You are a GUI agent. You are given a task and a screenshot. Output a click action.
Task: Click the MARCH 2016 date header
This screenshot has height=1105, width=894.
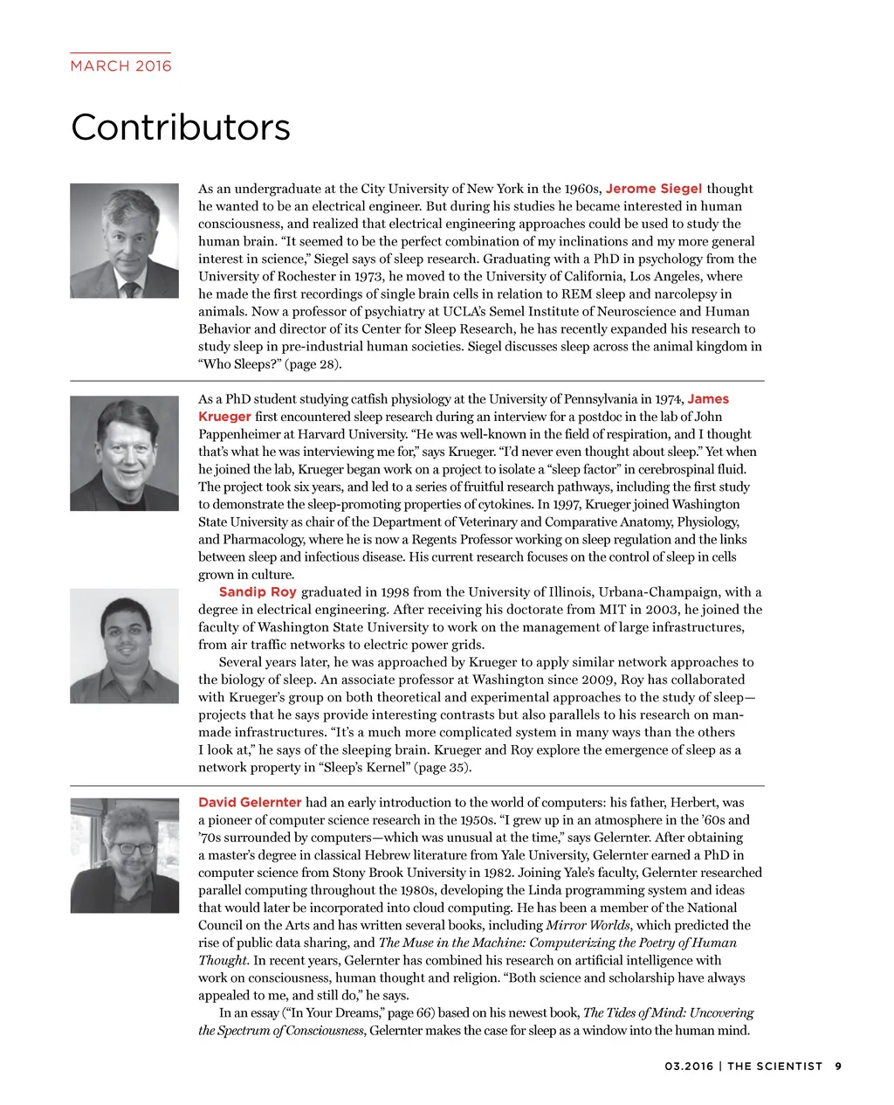click(120, 66)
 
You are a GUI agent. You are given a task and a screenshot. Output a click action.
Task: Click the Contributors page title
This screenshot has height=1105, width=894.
click(180, 128)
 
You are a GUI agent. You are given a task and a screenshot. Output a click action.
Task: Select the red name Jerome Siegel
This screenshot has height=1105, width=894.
click(653, 189)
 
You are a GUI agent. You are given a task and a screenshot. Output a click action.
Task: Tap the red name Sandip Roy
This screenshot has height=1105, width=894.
click(258, 592)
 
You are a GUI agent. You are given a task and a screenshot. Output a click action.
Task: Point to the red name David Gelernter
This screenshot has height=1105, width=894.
click(250, 803)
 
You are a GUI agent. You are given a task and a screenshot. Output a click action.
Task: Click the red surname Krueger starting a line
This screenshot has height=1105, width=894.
click(224, 417)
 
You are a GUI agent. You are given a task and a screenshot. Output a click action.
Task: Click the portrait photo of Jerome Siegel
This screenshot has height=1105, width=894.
click(124, 240)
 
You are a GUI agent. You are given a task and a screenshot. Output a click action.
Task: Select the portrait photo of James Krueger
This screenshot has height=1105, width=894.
click(124, 453)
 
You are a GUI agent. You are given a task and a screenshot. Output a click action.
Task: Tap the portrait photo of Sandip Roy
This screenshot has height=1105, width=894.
click(124, 646)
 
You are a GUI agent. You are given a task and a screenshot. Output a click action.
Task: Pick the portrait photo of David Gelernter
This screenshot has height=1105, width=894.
click(124, 856)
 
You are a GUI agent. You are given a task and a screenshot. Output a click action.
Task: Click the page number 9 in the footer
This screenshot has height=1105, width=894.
click(838, 1066)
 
